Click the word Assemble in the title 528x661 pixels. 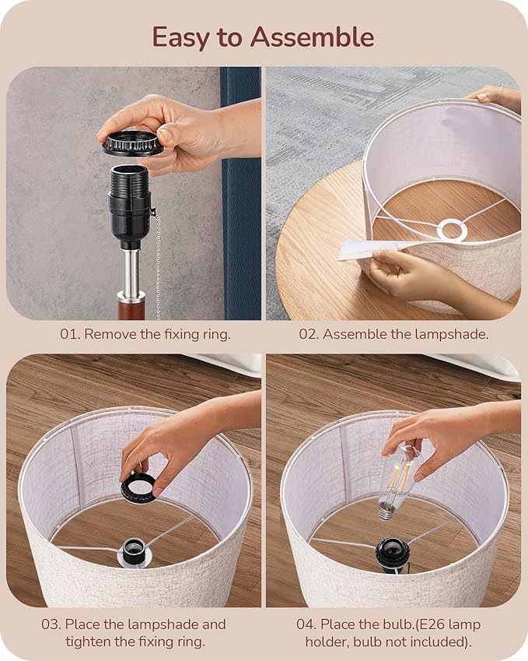pyautogui.click(x=312, y=37)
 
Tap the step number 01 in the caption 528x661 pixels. pyautogui.click(x=69, y=334)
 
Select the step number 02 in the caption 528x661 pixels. pyautogui.click(x=308, y=334)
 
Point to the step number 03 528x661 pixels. pyautogui.click(x=51, y=624)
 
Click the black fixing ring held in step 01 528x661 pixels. pyautogui.click(x=133, y=143)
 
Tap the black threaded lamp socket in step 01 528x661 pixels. pyautogui.click(x=129, y=206)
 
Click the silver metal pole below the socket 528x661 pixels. pyautogui.click(x=131, y=270)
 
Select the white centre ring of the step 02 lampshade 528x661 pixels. pyautogui.click(x=452, y=230)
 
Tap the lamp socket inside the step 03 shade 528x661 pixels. pyautogui.click(x=134, y=552)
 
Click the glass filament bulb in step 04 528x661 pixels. pyautogui.click(x=398, y=480)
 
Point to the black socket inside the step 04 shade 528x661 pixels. pyautogui.click(x=392, y=555)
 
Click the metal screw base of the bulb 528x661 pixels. pyautogui.click(x=385, y=513)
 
